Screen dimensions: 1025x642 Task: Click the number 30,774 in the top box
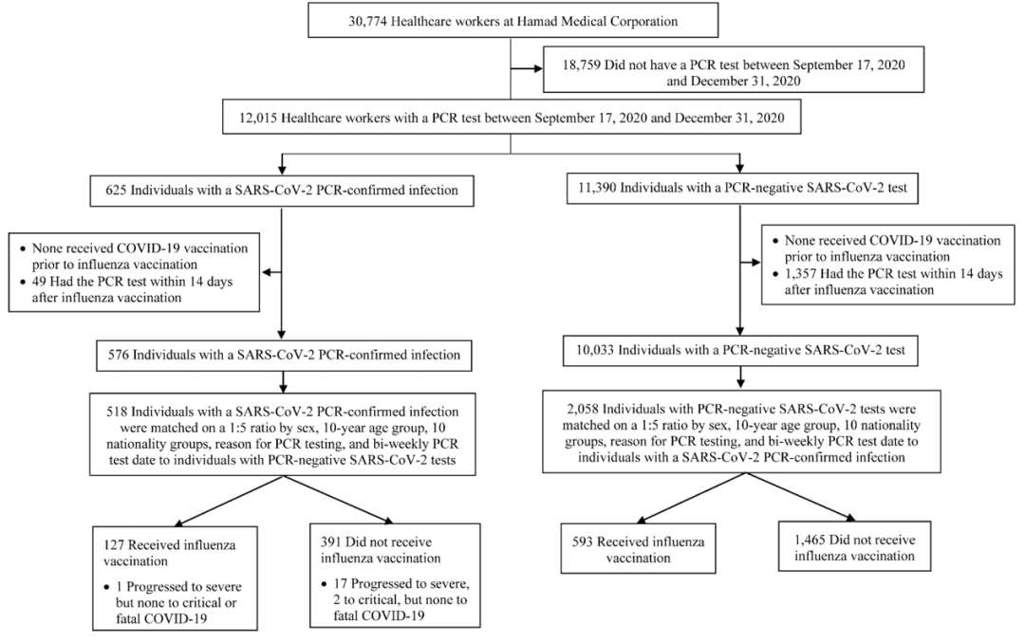(x=367, y=21)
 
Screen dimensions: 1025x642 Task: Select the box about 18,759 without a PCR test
(x=734, y=69)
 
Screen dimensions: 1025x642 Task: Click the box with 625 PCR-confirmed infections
(x=282, y=190)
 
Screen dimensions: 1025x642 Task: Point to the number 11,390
(x=597, y=188)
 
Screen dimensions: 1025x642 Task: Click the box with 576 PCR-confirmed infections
(x=284, y=356)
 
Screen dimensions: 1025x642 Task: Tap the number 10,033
(x=595, y=350)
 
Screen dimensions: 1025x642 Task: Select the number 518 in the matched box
(x=117, y=413)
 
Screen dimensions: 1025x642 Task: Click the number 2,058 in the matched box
(x=583, y=410)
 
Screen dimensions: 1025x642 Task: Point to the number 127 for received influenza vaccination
(x=115, y=545)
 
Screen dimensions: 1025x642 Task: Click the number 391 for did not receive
(x=331, y=542)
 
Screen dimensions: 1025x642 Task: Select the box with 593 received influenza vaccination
(x=638, y=549)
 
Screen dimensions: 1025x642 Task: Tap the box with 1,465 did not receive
(x=854, y=546)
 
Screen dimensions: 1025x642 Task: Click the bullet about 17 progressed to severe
(x=395, y=599)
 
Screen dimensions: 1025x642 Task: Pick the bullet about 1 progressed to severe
(x=173, y=602)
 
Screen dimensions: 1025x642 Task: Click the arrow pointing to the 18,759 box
(x=526, y=68)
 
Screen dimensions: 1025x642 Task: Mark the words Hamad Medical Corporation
(x=598, y=21)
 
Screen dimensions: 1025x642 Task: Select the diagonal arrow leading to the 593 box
(x=692, y=498)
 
